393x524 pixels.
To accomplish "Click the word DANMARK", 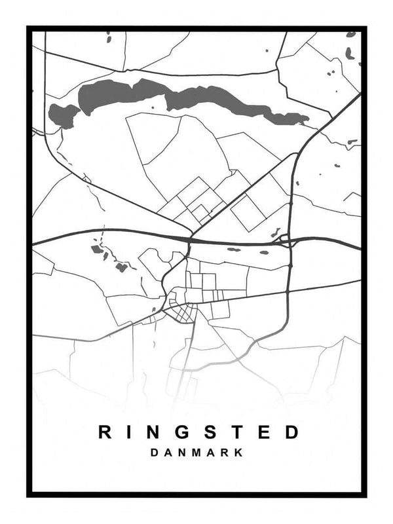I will tap(196, 453).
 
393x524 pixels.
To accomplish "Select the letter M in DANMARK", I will tap(196, 453).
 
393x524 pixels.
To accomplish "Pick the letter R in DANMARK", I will tap(225, 453).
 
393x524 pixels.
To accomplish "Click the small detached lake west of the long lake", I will tap(64, 115).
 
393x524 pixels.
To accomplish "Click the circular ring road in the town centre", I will tap(181, 308).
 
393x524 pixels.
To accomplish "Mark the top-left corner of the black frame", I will tap(29, 28).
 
